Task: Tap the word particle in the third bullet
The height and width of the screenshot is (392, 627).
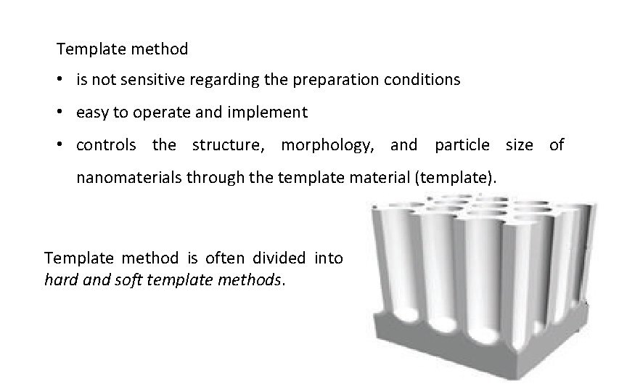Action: click(462, 145)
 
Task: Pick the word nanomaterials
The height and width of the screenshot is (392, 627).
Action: click(129, 177)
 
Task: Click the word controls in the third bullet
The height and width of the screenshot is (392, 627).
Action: click(106, 145)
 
